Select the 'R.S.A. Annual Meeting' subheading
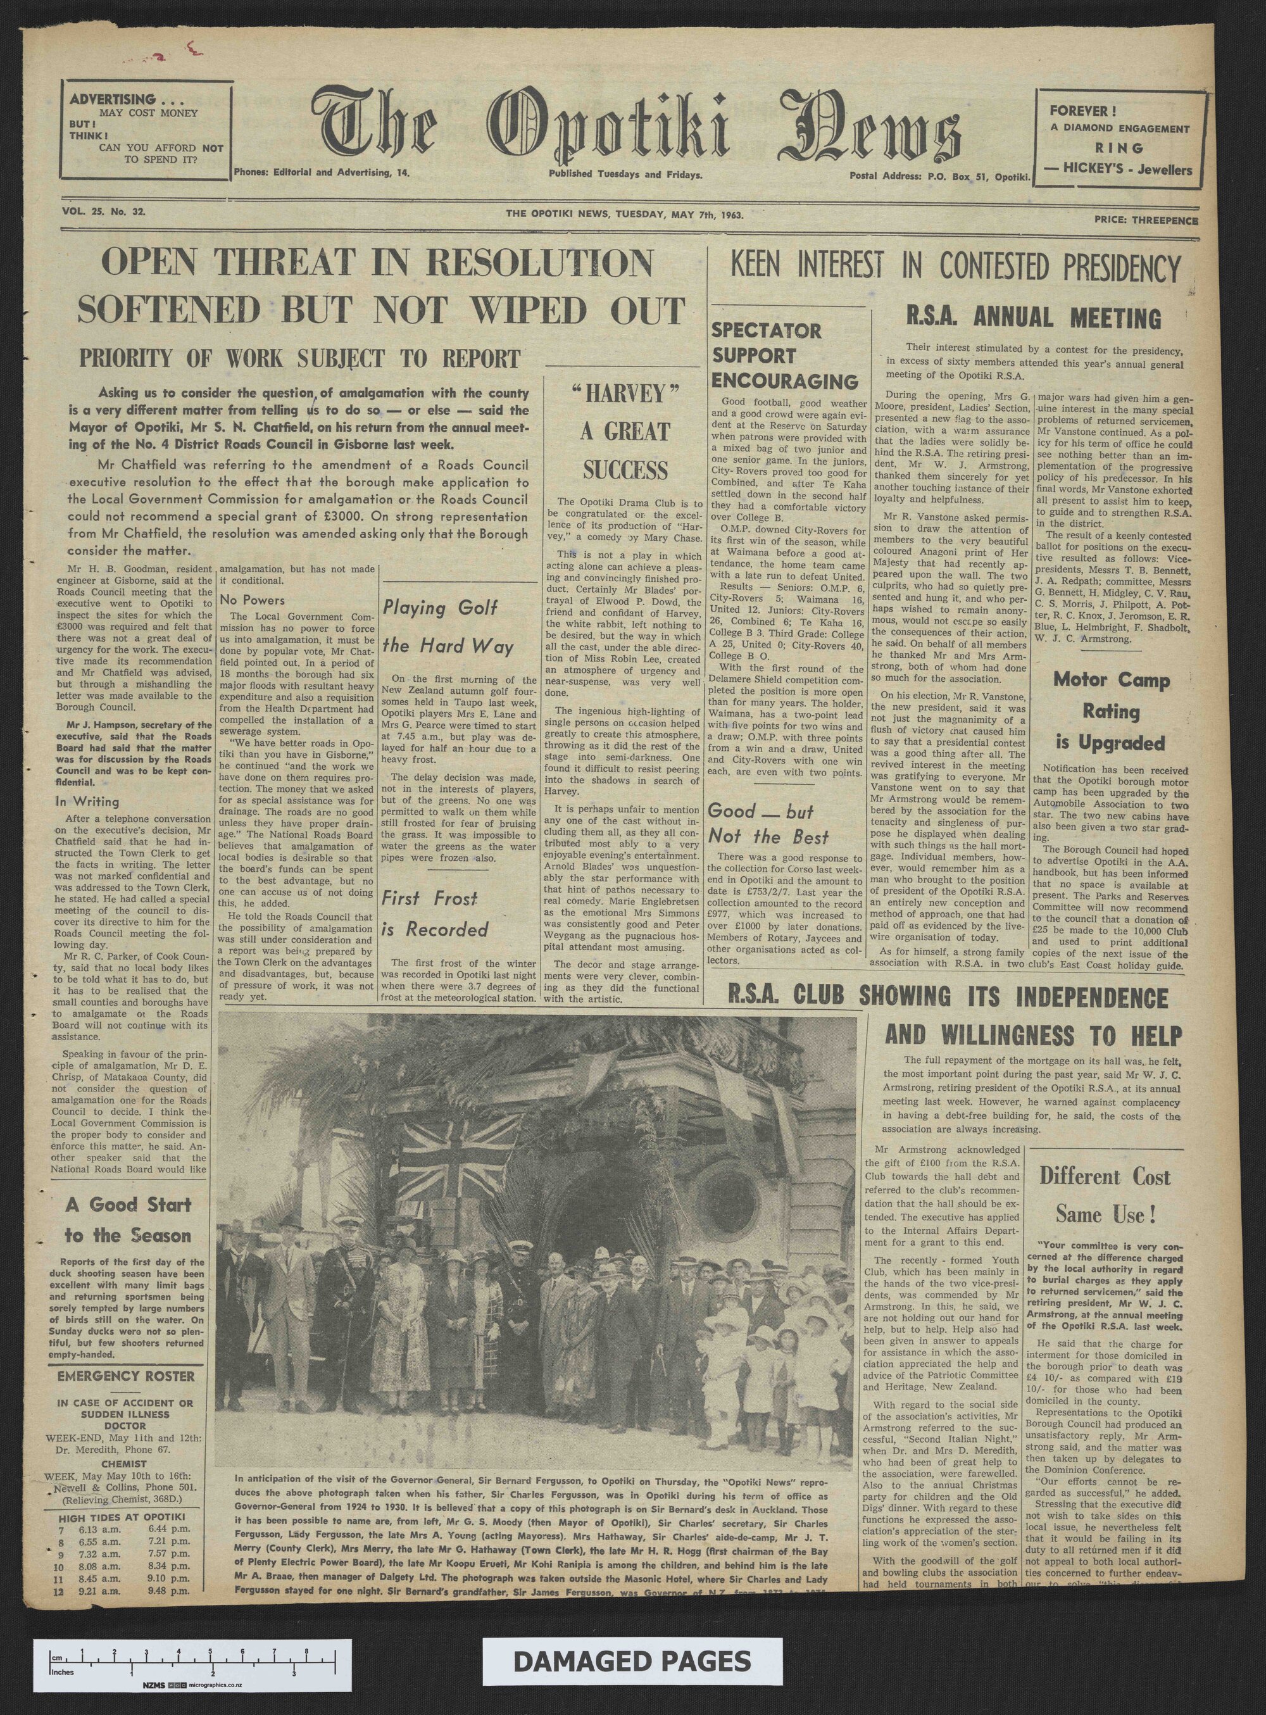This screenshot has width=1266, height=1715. pyautogui.click(x=1034, y=317)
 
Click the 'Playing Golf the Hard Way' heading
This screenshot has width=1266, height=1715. pyautogui.click(x=448, y=627)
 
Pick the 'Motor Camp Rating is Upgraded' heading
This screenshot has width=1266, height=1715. pyautogui.click(x=1110, y=710)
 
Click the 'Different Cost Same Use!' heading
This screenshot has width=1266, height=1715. pyautogui.click(x=1105, y=1195)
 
